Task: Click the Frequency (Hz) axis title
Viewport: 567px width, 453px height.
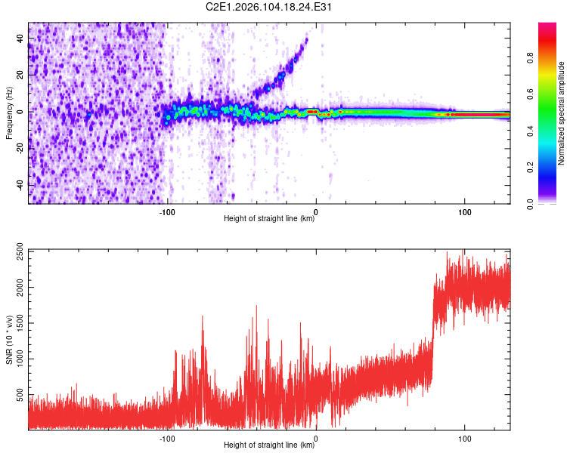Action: tap(8, 112)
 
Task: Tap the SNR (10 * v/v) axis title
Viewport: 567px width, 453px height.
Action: tap(8, 339)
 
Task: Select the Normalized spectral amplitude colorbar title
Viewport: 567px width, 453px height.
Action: tap(561, 113)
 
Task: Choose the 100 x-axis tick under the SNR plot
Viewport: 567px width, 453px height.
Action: tap(464, 437)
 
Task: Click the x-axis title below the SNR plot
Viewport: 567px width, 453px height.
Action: tap(269, 446)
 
